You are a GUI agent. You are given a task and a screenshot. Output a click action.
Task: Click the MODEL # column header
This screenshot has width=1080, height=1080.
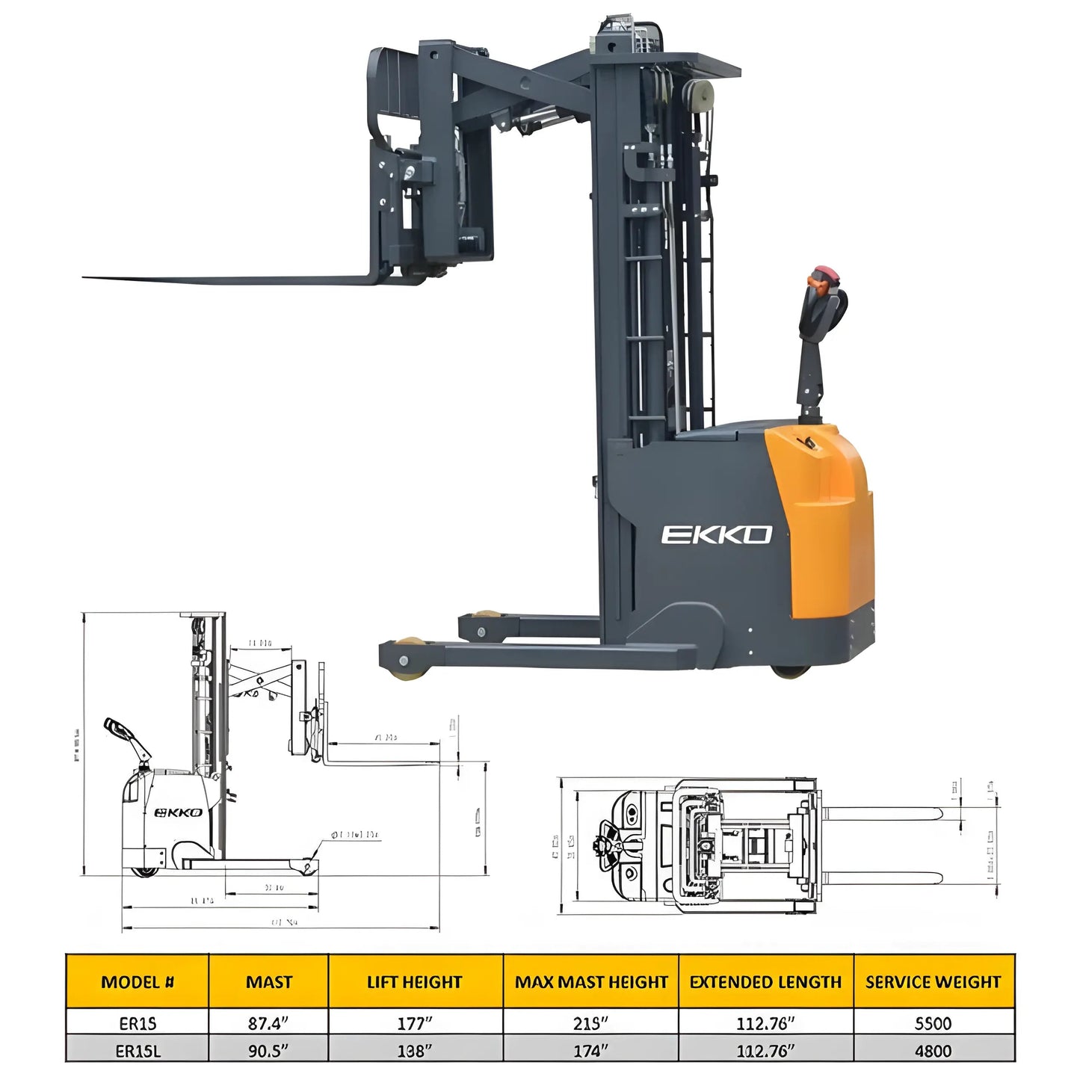coord(137,982)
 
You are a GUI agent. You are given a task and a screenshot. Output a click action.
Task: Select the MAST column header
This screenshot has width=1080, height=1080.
coord(268,982)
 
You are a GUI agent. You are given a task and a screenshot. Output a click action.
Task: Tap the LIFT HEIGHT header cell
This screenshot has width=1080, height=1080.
coord(415,982)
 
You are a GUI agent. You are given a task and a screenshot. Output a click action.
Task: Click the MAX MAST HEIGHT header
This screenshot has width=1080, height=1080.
coord(590,982)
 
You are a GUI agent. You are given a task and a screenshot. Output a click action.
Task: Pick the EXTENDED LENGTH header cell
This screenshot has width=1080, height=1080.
coord(765,982)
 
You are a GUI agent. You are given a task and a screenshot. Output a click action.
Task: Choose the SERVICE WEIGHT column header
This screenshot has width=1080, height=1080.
coord(933,982)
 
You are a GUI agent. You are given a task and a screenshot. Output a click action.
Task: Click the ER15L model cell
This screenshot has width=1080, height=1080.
coord(138,1050)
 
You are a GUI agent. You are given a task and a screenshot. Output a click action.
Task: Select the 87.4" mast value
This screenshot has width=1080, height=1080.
coord(268,1022)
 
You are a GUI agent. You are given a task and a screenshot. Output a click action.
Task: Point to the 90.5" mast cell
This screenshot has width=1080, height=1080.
coord(268,1050)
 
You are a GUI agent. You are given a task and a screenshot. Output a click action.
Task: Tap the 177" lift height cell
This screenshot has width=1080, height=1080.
coord(415,1022)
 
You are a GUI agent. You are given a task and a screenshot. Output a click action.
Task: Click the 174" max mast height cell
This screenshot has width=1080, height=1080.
coord(590,1050)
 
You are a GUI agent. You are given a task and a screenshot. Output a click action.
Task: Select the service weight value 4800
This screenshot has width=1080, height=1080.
coord(933,1050)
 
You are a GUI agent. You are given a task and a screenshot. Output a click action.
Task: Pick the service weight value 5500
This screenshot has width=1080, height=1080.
coord(933,1022)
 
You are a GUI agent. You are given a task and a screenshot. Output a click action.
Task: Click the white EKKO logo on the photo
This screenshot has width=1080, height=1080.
coord(716,534)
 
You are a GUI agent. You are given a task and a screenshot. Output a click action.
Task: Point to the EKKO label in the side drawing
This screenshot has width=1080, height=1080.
coord(178,812)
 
